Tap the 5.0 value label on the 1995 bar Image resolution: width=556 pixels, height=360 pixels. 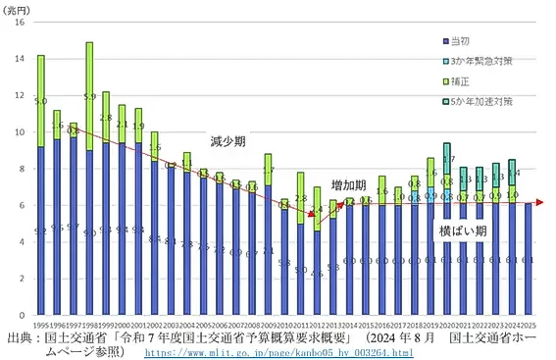coord(40,100)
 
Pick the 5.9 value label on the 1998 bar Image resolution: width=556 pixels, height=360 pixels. coord(89,96)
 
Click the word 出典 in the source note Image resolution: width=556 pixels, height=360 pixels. coord(19,335)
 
